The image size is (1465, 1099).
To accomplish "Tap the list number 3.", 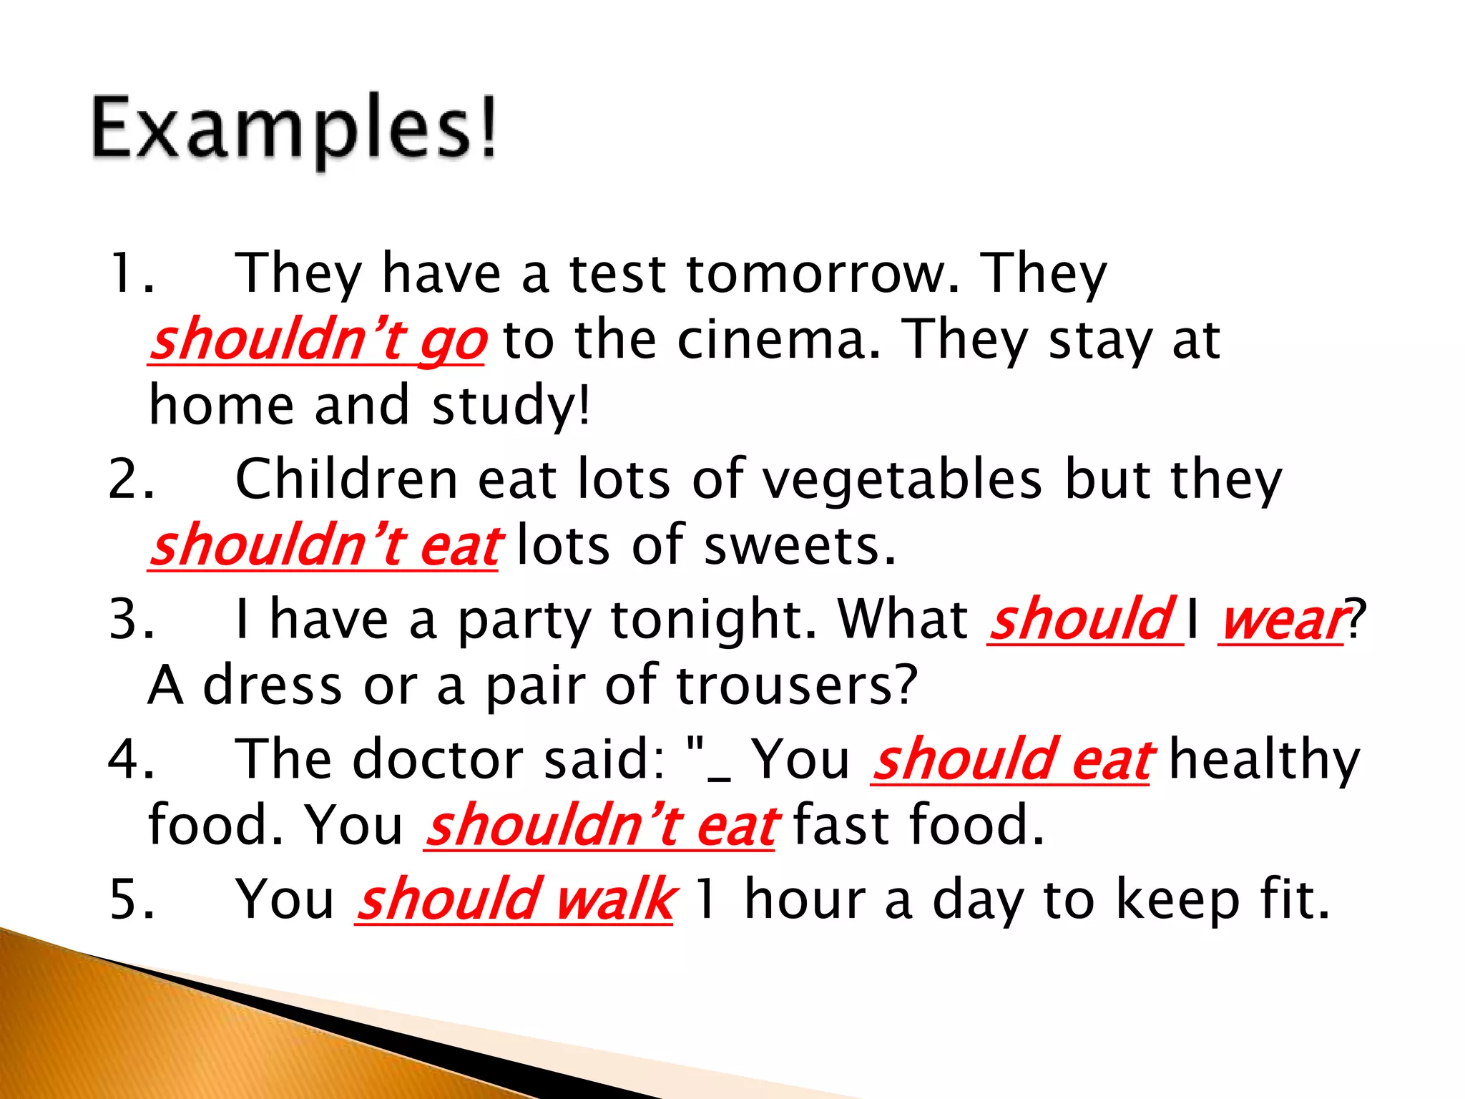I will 131,619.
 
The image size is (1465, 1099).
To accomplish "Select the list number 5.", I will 131,899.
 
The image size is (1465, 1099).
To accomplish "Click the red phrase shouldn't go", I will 318,341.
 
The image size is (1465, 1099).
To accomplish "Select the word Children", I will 346,479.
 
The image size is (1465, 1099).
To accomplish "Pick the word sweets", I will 799,545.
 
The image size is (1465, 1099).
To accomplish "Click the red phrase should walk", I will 514,899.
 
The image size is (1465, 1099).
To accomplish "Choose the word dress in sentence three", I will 273,685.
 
